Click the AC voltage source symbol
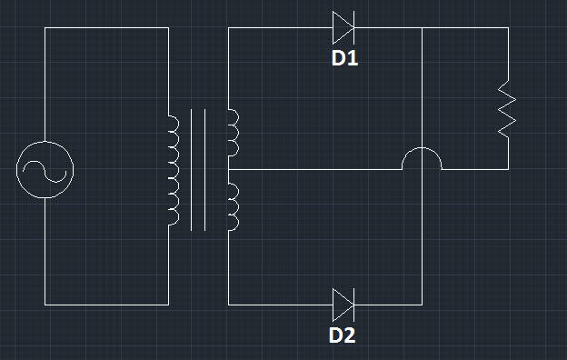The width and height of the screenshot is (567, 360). click(45, 169)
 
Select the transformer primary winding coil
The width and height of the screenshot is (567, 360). click(173, 169)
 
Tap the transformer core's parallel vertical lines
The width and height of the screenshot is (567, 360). click(197, 169)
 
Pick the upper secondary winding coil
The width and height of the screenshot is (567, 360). click(233, 132)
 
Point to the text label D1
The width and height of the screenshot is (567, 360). click(344, 59)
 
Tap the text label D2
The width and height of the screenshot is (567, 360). click(343, 335)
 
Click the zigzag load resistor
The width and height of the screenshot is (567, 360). click(507, 109)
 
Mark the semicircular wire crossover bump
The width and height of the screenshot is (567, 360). click(423, 159)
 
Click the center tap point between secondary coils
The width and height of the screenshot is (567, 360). click(228, 169)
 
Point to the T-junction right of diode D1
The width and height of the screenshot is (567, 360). click(423, 27)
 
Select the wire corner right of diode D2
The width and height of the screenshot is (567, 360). click(423, 304)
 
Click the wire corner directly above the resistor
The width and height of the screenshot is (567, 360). click(507, 27)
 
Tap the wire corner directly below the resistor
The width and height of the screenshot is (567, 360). click(507, 169)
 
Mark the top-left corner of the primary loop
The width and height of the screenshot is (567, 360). click(45, 27)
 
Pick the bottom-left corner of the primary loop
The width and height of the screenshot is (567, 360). click(45, 304)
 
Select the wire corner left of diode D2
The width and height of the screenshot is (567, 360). click(228, 304)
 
